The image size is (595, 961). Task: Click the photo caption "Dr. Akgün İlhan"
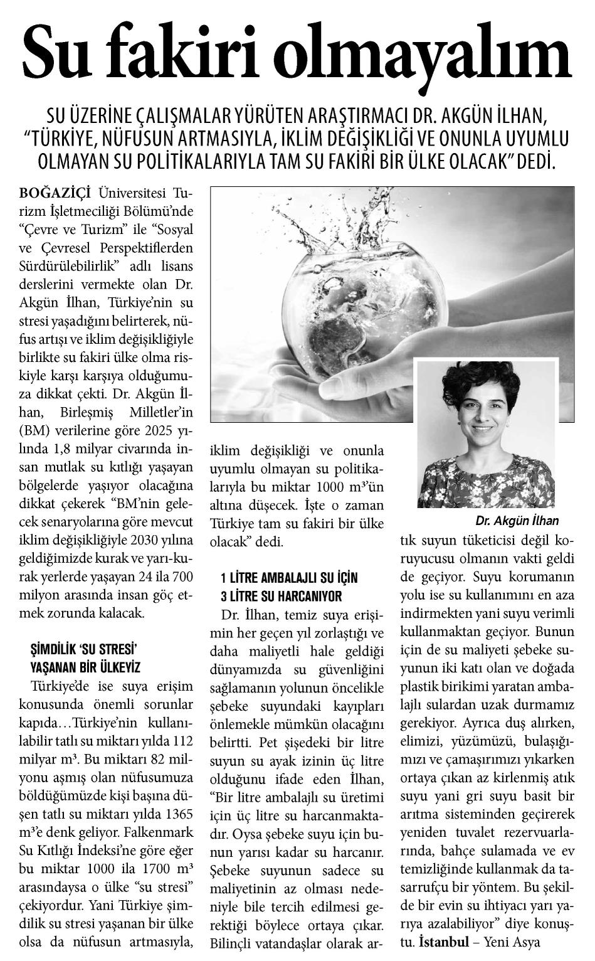(x=517, y=521)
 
